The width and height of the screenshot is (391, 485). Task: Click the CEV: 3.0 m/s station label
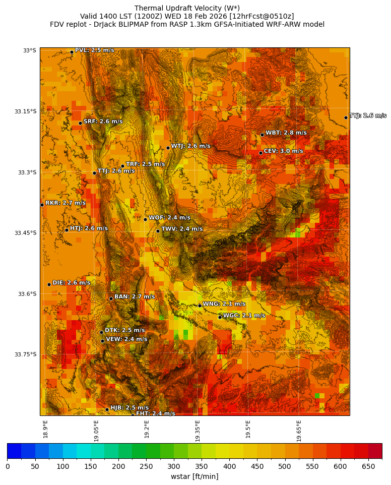pyautogui.click(x=283, y=151)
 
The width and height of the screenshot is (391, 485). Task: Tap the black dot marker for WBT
pyautogui.click(x=262, y=135)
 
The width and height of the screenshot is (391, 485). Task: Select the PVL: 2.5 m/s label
pyautogui.click(x=94, y=50)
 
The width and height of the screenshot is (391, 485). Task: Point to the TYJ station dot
pyautogui.click(x=346, y=117)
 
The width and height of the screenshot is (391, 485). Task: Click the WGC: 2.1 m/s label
pyautogui.click(x=244, y=316)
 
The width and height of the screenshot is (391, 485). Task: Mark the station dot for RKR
pyautogui.click(x=42, y=205)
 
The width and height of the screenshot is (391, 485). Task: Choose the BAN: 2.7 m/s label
pyautogui.click(x=135, y=297)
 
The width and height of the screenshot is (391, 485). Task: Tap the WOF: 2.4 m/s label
pyautogui.click(x=169, y=218)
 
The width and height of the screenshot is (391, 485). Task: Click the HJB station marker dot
pyautogui.click(x=107, y=409)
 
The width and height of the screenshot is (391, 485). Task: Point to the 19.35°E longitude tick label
pyautogui.click(x=198, y=431)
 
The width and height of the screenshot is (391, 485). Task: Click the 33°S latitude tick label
pyautogui.click(x=29, y=50)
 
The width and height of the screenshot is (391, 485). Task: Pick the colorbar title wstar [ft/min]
pyautogui.click(x=194, y=476)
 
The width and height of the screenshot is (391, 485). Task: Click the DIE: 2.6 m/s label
pyautogui.click(x=71, y=283)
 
